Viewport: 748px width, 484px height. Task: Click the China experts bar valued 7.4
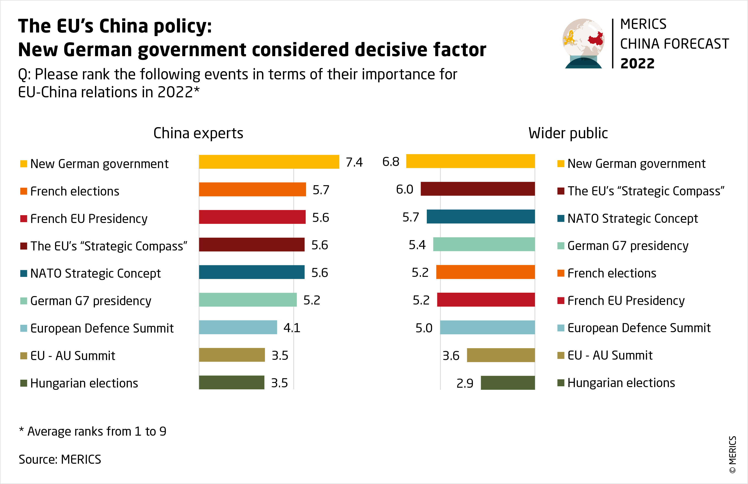click(269, 162)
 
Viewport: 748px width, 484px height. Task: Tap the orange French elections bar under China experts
click(252, 189)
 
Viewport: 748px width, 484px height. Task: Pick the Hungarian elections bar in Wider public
click(508, 383)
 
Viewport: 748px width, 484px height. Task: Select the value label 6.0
click(404, 189)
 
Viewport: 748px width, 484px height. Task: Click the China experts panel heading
click(198, 133)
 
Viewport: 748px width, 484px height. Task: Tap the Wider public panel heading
click(568, 133)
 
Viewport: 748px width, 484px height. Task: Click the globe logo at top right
click(583, 43)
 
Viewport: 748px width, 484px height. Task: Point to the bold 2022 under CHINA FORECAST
click(637, 64)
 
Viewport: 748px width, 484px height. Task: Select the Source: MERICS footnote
click(60, 460)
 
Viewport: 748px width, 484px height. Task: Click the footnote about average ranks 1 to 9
click(93, 431)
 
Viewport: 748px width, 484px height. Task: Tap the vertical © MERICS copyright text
click(733, 454)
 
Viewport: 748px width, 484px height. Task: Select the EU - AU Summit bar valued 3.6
click(501, 355)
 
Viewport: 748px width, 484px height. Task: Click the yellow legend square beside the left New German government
click(24, 164)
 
